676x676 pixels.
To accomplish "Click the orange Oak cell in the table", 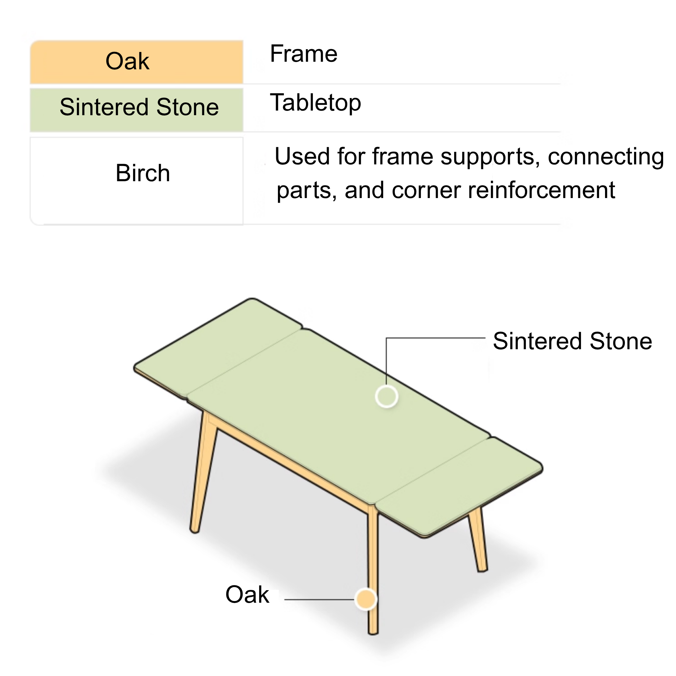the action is pyautogui.click(x=136, y=62).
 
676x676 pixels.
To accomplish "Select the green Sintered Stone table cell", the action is pyautogui.click(x=136, y=110).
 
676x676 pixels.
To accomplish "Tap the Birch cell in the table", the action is pyautogui.click(x=136, y=181).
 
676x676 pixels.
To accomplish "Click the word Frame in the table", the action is pyautogui.click(x=303, y=54).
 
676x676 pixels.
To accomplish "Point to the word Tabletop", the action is pyautogui.click(x=315, y=103).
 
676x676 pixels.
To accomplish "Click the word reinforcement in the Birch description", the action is pyautogui.click(x=541, y=190).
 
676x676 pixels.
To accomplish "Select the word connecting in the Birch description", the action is pyautogui.click(x=606, y=157).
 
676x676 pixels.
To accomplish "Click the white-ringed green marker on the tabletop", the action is pyautogui.click(x=386, y=396).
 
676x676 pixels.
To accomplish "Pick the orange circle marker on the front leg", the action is pyautogui.click(x=366, y=599).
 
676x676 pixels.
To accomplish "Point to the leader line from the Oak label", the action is pyautogui.click(x=320, y=599).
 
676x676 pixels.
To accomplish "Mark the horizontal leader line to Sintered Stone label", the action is pyautogui.click(x=436, y=338).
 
